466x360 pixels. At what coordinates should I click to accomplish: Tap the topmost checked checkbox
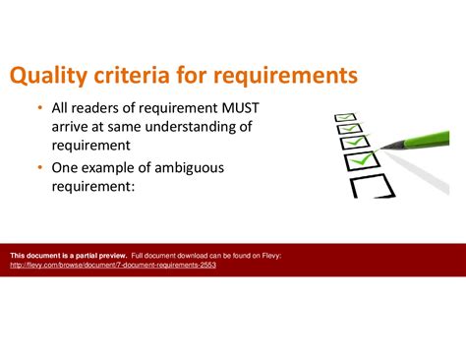pos(344,116)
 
